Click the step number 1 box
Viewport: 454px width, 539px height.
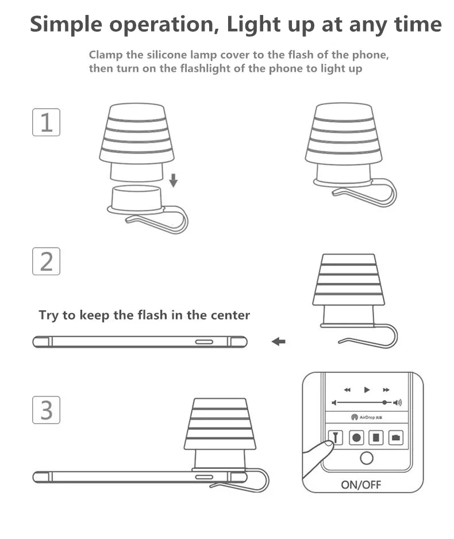46,122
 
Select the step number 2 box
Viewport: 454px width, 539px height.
46,261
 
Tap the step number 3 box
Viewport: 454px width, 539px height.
46,410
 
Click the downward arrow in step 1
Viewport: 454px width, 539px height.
173,180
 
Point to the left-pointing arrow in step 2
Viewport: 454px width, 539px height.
278,342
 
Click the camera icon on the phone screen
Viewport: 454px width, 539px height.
395,437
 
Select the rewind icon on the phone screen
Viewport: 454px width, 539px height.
347,390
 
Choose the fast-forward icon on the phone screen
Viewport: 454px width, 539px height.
386,390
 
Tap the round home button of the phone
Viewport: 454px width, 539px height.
366,458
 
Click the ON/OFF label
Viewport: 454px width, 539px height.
361,484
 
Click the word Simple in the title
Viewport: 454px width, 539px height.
67,25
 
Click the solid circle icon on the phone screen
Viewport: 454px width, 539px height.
356,437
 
